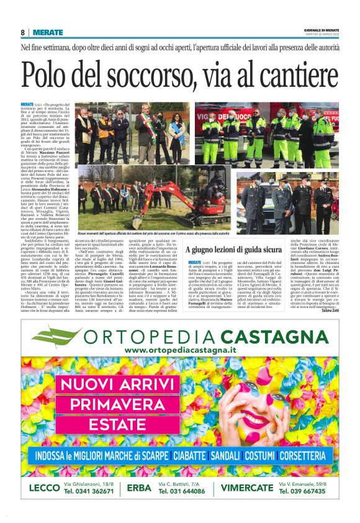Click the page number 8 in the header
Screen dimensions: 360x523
click(x=23, y=32)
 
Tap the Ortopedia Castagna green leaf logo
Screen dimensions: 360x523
click(x=66, y=339)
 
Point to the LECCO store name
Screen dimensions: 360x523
click(x=43, y=488)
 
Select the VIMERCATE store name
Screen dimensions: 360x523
click(x=247, y=488)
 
